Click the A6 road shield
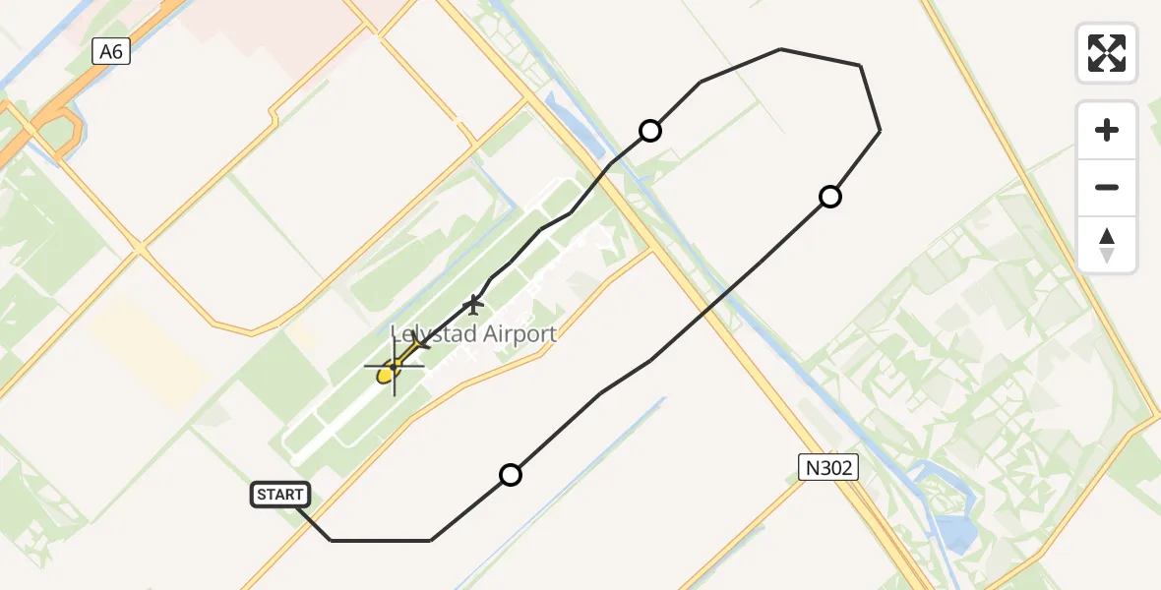point(111,51)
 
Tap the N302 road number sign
point(828,467)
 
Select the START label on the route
point(280,495)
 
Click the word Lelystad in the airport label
point(429,334)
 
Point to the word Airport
point(513,334)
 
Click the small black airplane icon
point(474,305)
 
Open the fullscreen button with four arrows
point(1107,53)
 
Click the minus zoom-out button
point(1107,187)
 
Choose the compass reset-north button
point(1107,245)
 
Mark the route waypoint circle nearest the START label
point(510,475)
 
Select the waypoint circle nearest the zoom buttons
point(830,197)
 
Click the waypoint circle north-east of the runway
point(649,130)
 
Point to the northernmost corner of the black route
point(780,49)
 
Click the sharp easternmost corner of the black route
point(879,130)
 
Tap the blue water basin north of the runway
point(580,128)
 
